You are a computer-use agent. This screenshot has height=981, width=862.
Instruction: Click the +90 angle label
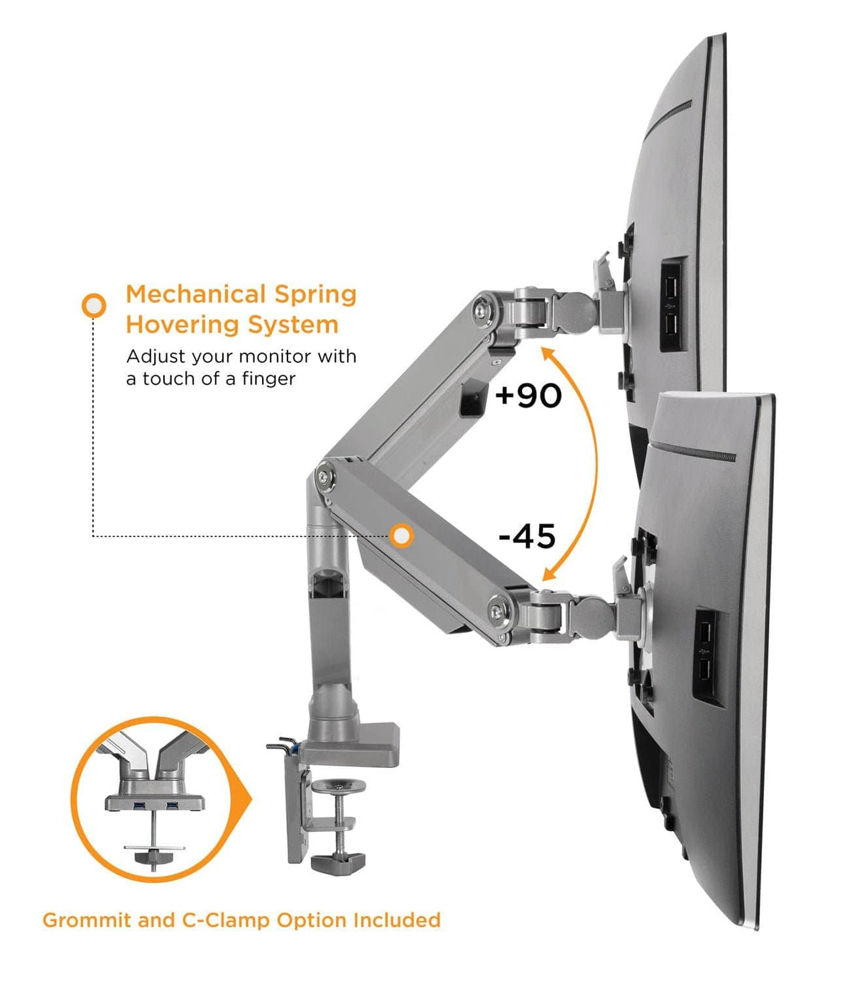click(x=528, y=395)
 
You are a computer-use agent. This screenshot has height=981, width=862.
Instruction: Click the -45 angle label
click(x=527, y=536)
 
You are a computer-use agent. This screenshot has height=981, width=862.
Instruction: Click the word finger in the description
click(x=268, y=379)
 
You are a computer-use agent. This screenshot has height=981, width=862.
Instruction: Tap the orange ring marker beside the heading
click(x=94, y=305)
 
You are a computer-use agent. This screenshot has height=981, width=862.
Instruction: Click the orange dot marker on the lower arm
click(x=402, y=536)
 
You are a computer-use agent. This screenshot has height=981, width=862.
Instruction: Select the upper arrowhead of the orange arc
click(x=547, y=352)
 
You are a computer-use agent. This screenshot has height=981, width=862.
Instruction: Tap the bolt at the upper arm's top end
click(x=485, y=309)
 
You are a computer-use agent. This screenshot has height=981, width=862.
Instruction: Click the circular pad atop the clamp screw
click(x=339, y=786)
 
